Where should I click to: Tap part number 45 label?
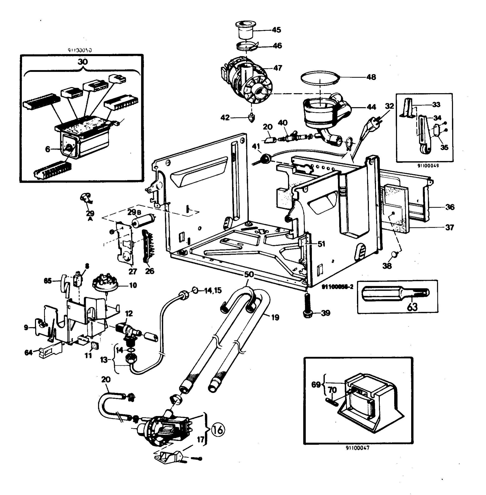tap(276, 30)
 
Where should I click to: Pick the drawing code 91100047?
tap(357, 455)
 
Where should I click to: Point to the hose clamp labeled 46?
tap(246, 46)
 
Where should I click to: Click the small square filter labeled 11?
tap(94, 345)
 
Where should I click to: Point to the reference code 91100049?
tap(428, 166)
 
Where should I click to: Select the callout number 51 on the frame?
tap(321, 244)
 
